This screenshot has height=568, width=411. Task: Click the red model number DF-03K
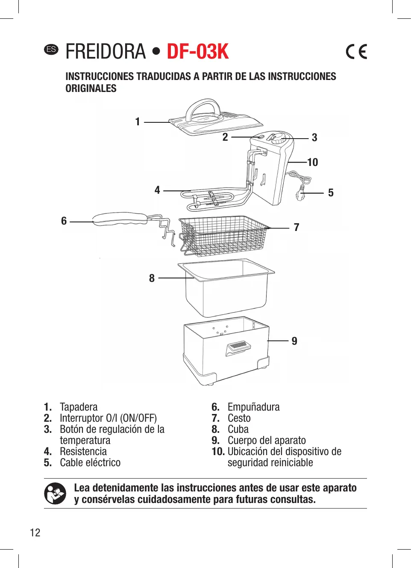coord(197,52)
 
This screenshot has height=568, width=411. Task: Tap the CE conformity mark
coord(356,52)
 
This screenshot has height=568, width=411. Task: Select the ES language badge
coord(51,49)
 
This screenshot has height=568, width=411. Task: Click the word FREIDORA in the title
coord(106,52)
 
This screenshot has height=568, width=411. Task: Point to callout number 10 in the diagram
coord(313,163)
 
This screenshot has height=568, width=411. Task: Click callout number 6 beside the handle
coord(64,221)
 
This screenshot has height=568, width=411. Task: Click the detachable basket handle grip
coord(120,219)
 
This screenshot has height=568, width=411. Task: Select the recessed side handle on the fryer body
coord(238,347)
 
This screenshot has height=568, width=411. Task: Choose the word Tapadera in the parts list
coord(79,407)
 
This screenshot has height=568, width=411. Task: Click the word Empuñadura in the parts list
coord(253,407)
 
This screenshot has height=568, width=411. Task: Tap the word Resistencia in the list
coord(83,452)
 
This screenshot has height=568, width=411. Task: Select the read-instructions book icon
coord(55,494)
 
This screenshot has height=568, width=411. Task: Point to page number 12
coord(35,532)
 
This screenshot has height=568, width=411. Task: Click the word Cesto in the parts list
coord(239,418)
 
